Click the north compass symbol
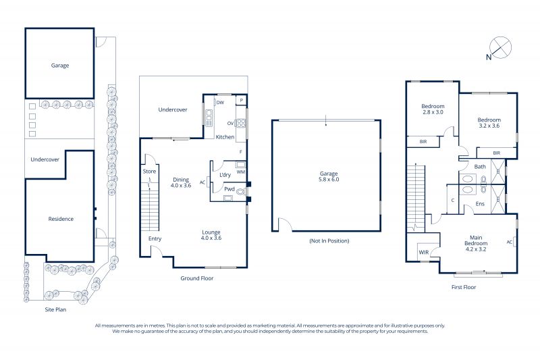(500, 47)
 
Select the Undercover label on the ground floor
(173, 109)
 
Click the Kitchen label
(225, 136)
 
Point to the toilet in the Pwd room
(241, 192)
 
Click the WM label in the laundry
(241, 172)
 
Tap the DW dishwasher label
(220, 102)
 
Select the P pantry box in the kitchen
(242, 100)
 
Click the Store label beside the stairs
(149, 171)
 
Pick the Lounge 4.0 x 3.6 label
(211, 235)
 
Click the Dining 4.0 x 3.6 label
(181, 182)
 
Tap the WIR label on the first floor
(424, 252)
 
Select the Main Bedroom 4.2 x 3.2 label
(476, 243)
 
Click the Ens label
(480, 203)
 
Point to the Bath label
(480, 166)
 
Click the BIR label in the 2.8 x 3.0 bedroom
(423, 142)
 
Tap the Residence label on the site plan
(61, 219)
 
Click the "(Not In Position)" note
(329, 241)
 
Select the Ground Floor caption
(197, 278)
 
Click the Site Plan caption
(55, 309)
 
